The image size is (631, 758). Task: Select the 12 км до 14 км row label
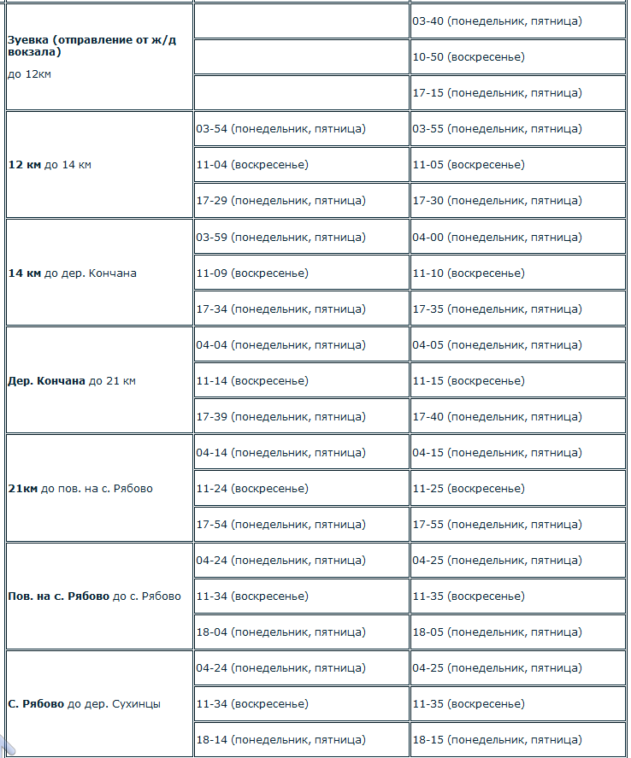coord(50,165)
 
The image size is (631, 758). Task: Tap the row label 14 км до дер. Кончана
coord(72,273)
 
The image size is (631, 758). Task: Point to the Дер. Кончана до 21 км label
coord(72,381)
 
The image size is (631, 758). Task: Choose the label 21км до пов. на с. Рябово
coord(80,489)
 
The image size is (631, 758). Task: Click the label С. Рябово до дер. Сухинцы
coord(85,704)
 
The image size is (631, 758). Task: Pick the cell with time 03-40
coord(497,21)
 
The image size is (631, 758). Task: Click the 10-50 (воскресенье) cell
coord(469,56)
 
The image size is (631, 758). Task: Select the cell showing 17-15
coord(497,92)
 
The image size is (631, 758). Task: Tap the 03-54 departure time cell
coord(280,129)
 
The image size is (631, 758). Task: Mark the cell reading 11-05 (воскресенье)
coord(469,165)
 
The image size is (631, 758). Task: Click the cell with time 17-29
coord(280,201)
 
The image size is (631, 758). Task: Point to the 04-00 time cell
coord(497,238)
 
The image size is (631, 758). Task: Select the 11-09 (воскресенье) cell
coord(252,273)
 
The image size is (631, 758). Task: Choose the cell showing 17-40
coord(497,417)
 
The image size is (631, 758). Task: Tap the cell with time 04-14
coord(280,453)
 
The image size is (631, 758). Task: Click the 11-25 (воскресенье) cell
coord(469,489)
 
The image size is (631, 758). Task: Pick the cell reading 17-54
coord(280,525)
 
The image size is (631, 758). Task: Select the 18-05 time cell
coord(497,632)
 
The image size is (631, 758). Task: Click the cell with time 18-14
coord(280,740)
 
